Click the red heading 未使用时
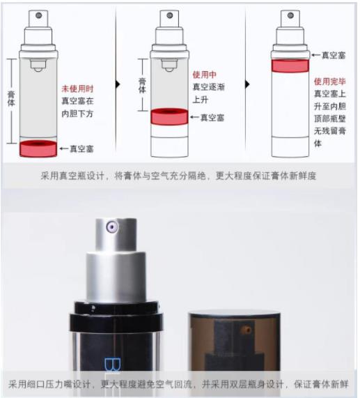(x=77, y=89)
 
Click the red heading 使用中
(x=204, y=75)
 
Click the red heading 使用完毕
(x=330, y=82)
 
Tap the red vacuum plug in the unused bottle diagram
(x=38, y=148)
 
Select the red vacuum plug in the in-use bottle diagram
(x=169, y=116)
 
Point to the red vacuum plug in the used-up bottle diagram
(x=290, y=66)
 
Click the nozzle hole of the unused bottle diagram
(x=38, y=15)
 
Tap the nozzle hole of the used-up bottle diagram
(x=290, y=15)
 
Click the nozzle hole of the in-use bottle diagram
(x=170, y=15)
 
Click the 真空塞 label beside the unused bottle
(x=81, y=148)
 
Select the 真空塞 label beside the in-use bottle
(x=212, y=118)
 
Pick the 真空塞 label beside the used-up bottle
(x=334, y=55)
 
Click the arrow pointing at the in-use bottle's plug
(x=194, y=117)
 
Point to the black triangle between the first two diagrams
(x=118, y=84)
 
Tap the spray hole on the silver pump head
(x=112, y=227)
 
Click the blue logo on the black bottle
(x=112, y=365)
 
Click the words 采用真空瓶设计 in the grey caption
(x=72, y=176)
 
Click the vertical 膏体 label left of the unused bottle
(x=11, y=99)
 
